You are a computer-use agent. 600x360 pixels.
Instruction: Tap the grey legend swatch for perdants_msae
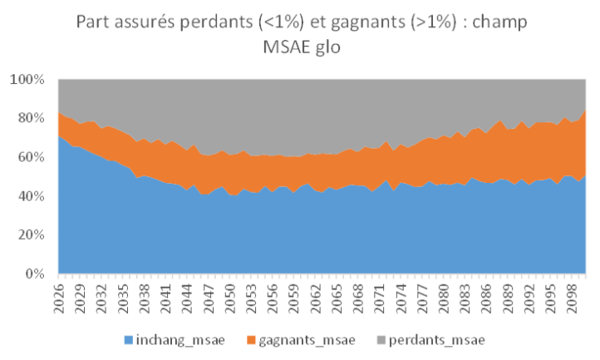tap(386, 341)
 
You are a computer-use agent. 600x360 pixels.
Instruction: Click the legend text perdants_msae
tap(438, 341)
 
